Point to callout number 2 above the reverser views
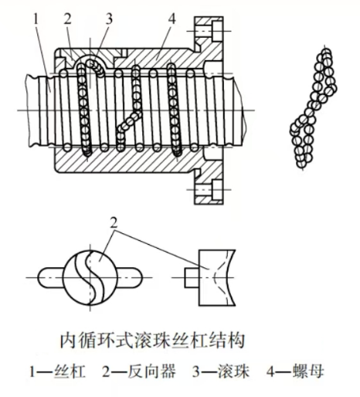[x=117, y=225]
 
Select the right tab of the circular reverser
[x=138, y=276]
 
